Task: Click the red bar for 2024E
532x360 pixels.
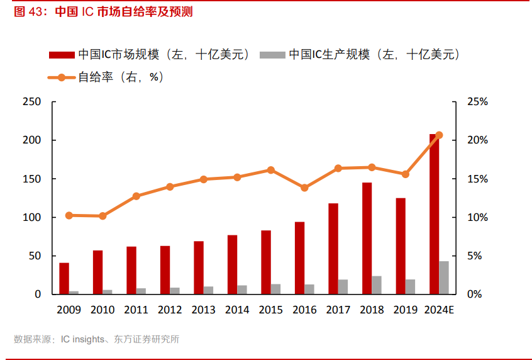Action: (x=434, y=214)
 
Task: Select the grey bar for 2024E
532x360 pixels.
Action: (x=444, y=278)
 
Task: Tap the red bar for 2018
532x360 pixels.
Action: (x=367, y=238)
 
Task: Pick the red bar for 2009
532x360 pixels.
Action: (x=64, y=278)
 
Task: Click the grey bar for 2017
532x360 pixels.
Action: (x=343, y=287)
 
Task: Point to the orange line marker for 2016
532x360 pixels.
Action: (x=304, y=188)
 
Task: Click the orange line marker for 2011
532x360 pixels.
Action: (x=136, y=196)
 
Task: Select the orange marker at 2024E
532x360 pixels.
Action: (x=439, y=135)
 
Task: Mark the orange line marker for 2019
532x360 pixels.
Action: (x=406, y=174)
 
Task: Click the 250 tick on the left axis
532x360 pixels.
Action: (x=31, y=102)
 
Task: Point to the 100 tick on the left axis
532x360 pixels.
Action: (x=31, y=218)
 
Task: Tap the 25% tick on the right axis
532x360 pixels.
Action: (x=477, y=102)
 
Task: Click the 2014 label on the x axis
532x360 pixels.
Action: (x=237, y=310)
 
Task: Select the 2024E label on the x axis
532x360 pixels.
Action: (x=439, y=310)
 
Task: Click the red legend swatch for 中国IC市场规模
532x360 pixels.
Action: (x=62, y=55)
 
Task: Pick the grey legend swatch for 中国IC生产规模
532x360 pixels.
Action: (x=272, y=55)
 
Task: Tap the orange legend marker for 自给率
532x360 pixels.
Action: (x=62, y=77)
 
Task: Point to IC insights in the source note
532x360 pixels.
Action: (x=82, y=339)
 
